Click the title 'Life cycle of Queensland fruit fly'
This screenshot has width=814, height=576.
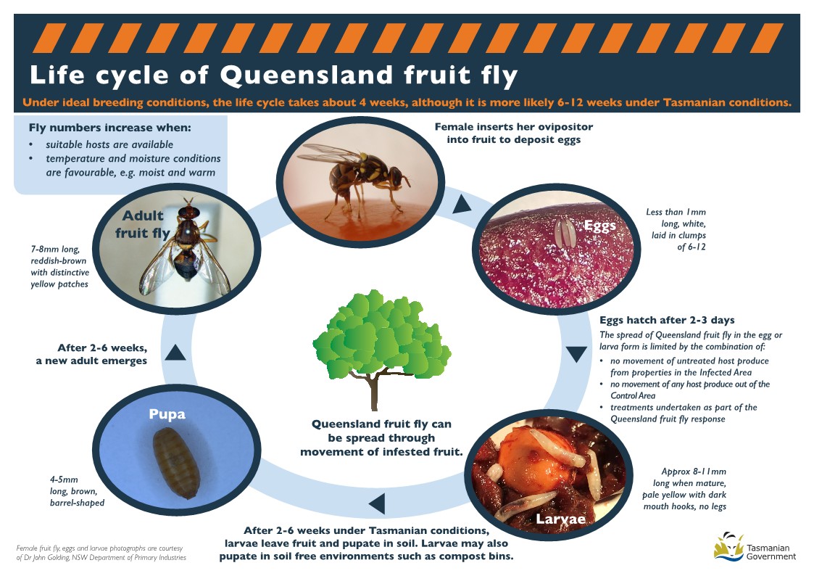pyautogui.click(x=273, y=75)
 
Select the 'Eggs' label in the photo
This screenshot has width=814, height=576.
pyautogui.click(x=599, y=226)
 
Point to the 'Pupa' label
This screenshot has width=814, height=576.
pyautogui.click(x=167, y=414)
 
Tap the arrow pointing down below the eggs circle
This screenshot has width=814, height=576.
pyautogui.click(x=576, y=354)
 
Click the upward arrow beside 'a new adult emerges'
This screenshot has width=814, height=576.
pyautogui.click(x=175, y=352)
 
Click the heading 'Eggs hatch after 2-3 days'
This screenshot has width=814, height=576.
pyautogui.click(x=667, y=320)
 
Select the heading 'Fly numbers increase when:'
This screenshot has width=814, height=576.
pyautogui.click(x=110, y=128)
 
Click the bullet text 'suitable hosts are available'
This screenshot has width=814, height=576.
pyautogui.click(x=109, y=145)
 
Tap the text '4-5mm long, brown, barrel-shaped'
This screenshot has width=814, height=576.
pyautogui.click(x=76, y=491)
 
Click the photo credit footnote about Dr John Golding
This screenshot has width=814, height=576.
pyautogui.click(x=101, y=553)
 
